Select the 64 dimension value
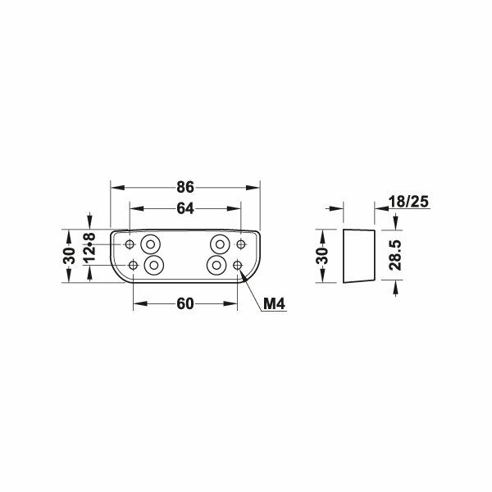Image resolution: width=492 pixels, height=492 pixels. click(184, 209)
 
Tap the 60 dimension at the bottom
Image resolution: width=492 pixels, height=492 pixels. click(184, 304)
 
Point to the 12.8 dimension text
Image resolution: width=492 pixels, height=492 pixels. click(90, 247)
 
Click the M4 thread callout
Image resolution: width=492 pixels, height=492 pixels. click(274, 305)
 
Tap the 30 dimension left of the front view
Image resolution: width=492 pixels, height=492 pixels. click(70, 255)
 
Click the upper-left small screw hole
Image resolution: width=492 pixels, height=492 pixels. click(130, 244)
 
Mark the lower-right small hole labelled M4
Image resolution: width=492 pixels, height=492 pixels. click(237, 265)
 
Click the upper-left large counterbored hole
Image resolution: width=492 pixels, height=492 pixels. click(151, 244)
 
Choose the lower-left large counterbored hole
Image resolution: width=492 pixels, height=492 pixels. click(154, 265)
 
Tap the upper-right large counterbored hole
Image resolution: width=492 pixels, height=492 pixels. click(220, 244)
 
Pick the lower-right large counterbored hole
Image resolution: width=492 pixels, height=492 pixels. click(216, 265)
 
